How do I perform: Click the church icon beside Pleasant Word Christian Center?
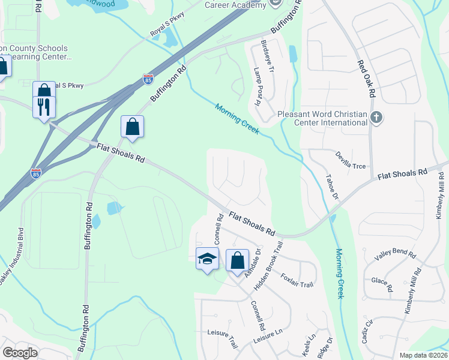(376, 117)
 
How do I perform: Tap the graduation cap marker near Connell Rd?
(207, 259)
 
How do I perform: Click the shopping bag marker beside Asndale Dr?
(237, 261)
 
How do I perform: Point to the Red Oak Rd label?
(366, 79)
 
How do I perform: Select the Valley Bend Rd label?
(395, 256)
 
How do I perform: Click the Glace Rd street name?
(382, 284)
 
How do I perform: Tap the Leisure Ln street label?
(268, 337)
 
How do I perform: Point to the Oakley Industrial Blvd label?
(12, 258)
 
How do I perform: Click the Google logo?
(20, 353)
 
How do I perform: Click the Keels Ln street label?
(309, 346)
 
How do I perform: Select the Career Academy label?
(235, 5)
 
